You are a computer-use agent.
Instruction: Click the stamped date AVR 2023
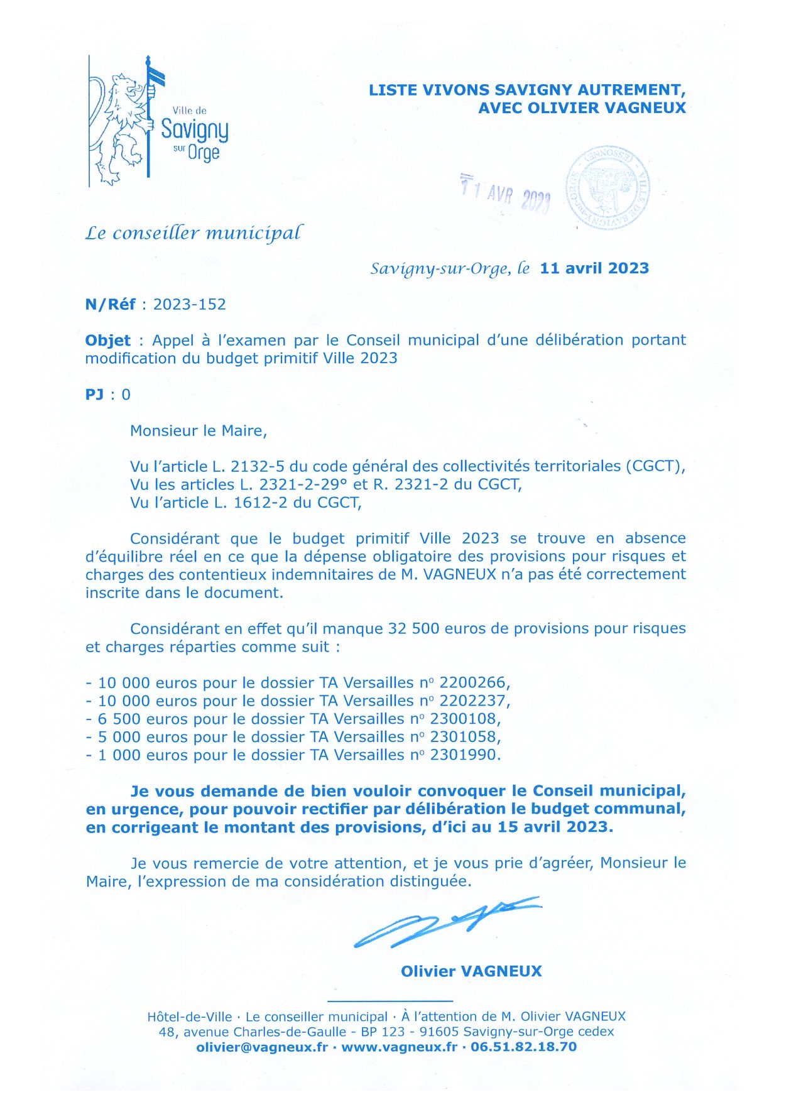pyautogui.click(x=506, y=194)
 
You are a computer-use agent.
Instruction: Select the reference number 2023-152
pyautogui.click(x=189, y=305)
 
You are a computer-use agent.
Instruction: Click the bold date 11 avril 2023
pyautogui.click(x=594, y=268)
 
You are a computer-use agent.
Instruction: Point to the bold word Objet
pyautogui.click(x=108, y=341)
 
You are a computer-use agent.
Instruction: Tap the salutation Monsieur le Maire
pyautogui.click(x=199, y=431)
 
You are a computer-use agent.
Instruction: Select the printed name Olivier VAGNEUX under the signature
pyautogui.click(x=471, y=971)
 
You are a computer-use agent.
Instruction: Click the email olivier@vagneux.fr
pyautogui.click(x=262, y=1047)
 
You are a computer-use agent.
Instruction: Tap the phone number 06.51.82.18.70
pyautogui.click(x=523, y=1047)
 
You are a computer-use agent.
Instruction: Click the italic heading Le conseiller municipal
pyautogui.click(x=193, y=233)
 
